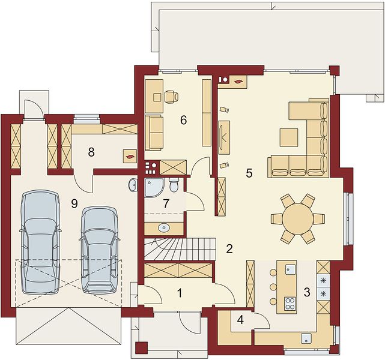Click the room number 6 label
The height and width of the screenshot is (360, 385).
click(x=183, y=120)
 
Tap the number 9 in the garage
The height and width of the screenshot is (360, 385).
click(x=74, y=203)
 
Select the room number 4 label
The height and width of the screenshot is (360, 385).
click(x=240, y=320)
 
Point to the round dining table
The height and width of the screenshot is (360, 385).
click(x=298, y=219)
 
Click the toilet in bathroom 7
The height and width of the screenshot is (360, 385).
click(x=174, y=185)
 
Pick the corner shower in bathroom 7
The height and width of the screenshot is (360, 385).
click(x=154, y=188)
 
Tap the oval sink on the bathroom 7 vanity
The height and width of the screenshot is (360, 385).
click(x=164, y=228)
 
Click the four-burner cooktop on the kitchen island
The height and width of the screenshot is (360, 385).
click(x=291, y=304)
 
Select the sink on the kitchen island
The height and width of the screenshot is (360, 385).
click(x=291, y=269)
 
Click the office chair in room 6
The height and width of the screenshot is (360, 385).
click(x=171, y=97)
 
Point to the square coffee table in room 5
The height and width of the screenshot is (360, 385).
click(x=289, y=137)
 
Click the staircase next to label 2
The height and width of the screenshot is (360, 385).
click(x=180, y=248)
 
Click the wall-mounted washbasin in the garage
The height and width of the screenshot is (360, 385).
click(x=133, y=184)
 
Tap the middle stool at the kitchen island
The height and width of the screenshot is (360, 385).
click(x=273, y=286)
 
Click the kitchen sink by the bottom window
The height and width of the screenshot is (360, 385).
click(x=306, y=338)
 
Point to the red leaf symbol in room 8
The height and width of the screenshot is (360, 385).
click(x=130, y=157)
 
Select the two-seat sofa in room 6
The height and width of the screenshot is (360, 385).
click(x=154, y=133)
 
